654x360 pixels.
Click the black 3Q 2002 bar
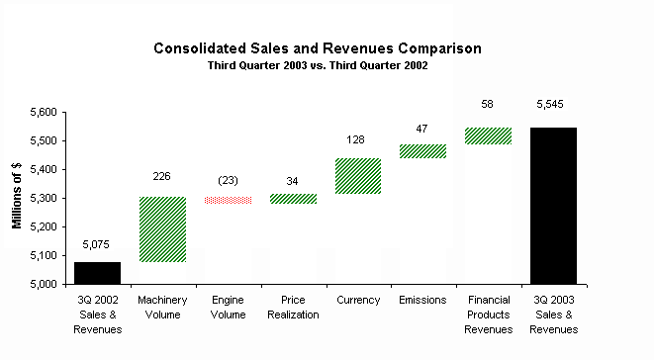(97, 273)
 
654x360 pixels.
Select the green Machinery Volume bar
(162, 229)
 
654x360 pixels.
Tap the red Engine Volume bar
(229, 200)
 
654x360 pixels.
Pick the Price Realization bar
(293, 199)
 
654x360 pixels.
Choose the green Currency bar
(358, 176)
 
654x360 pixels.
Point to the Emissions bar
(422, 151)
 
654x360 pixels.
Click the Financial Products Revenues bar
(489, 136)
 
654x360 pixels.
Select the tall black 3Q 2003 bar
(553, 206)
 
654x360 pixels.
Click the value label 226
(161, 176)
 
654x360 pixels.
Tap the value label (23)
(228, 181)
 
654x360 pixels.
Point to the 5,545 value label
(550, 104)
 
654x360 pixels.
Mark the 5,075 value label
(96, 245)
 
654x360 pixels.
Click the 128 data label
(355, 139)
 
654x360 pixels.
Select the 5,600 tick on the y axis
(44, 113)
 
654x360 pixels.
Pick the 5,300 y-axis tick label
(44, 199)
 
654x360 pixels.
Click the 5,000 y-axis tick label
(44, 285)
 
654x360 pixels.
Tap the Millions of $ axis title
(17, 196)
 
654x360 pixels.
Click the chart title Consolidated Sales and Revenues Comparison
(318, 48)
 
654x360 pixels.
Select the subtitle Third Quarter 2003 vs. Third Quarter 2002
(318, 66)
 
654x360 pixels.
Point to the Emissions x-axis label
(422, 300)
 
